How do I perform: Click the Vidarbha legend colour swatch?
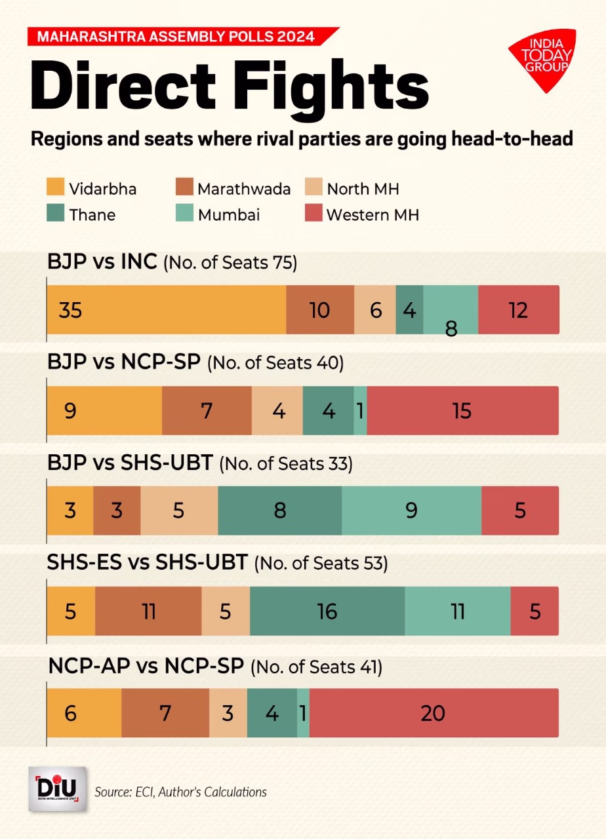click(56, 189)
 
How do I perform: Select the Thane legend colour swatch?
click(56, 214)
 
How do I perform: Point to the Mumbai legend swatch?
click(184, 214)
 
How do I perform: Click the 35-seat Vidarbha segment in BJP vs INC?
click(166, 310)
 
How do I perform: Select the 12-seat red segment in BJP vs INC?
click(518, 310)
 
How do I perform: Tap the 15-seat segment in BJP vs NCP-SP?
click(462, 411)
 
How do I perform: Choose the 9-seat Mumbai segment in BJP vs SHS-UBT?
click(411, 511)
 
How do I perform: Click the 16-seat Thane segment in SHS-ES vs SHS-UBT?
click(327, 612)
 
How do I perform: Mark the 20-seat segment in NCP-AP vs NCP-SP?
click(434, 712)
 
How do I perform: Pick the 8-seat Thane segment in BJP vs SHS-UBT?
click(280, 511)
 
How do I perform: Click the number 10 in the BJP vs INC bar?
click(319, 310)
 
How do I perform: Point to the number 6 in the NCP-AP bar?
click(70, 712)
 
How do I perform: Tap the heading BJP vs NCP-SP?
click(123, 362)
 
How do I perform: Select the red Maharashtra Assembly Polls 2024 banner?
click(180, 36)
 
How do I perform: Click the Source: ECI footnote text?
click(180, 792)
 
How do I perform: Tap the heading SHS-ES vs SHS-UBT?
click(147, 562)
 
